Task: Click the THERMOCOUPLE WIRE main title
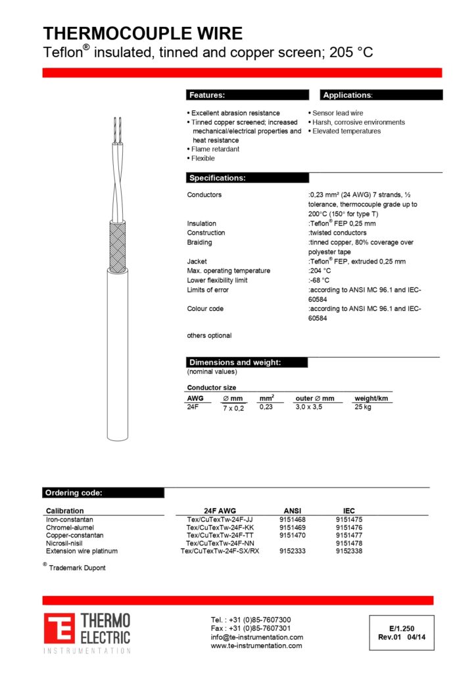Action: tap(143, 34)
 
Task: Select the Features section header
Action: tap(207, 95)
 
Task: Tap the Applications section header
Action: tap(347, 95)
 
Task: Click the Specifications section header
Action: tap(218, 178)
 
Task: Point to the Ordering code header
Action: tap(73, 493)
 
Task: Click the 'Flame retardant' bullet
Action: tap(215, 149)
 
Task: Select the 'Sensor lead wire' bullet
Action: tap(337, 113)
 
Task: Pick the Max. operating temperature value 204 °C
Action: tap(320, 271)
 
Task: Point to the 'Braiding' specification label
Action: tap(199, 243)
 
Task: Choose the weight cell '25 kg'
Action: tap(363, 407)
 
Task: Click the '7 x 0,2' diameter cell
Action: tap(233, 409)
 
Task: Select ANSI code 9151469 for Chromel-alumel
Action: tap(293, 527)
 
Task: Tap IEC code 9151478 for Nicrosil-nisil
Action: tap(348, 543)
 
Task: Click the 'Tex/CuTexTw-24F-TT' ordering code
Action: tap(220, 535)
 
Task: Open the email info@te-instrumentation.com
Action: tap(256, 637)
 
